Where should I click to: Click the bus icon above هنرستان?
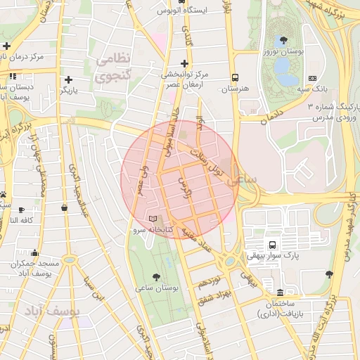(x=235, y=78)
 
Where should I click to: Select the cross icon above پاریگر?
(x=69, y=79)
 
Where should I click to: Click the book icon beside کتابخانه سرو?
(x=154, y=219)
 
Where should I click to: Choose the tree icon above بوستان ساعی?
(x=156, y=276)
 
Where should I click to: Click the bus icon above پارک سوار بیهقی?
(x=271, y=244)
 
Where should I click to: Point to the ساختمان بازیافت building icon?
(x=281, y=292)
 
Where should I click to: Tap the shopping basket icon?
(x=65, y=207)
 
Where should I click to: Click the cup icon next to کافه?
(x=21, y=210)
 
